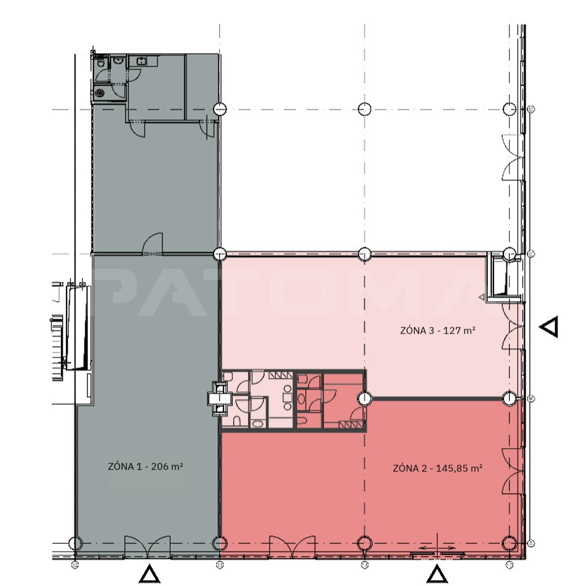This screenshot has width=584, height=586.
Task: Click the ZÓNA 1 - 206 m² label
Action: click(x=145, y=467)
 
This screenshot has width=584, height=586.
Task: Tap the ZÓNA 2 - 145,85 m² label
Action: click(x=438, y=468)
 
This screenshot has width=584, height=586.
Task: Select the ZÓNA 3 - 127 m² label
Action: click(x=438, y=331)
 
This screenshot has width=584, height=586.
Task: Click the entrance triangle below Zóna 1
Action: click(x=150, y=574)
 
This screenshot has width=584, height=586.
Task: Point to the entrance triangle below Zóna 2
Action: click(x=437, y=574)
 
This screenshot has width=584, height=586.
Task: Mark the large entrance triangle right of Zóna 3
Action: click(x=550, y=326)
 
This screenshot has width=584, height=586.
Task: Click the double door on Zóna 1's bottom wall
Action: click(x=147, y=546)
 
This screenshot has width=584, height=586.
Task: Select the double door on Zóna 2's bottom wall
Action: click(x=292, y=546)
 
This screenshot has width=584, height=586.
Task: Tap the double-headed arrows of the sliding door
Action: click(x=438, y=548)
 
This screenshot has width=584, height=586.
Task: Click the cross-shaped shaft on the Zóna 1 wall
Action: click(x=220, y=399)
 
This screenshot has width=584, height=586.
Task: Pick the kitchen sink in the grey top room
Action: click(x=142, y=61)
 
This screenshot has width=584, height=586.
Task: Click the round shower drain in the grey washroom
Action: click(x=100, y=93)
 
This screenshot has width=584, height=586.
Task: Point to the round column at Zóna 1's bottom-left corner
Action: click(x=75, y=543)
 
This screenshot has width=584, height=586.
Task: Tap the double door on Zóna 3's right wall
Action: click(x=513, y=326)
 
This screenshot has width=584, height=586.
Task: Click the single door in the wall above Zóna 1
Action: click(x=153, y=244)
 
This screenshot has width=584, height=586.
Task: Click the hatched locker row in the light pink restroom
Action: click(x=281, y=374)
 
